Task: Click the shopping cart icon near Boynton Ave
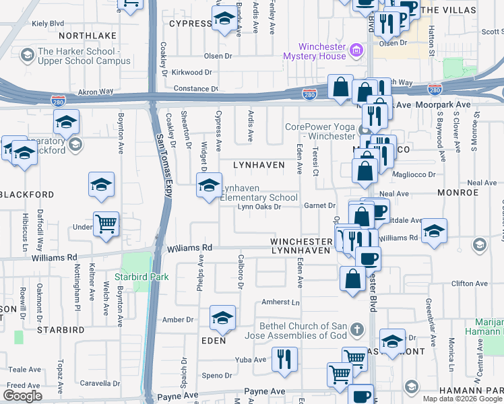(106, 224)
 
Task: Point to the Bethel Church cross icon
(356, 330)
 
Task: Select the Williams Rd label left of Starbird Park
(54, 257)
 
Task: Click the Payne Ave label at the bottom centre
(268, 391)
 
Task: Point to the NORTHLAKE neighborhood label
(87, 35)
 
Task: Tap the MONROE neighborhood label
(458, 192)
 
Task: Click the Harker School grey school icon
(28, 54)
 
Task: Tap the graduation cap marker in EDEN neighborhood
(222, 320)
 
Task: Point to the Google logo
(22, 396)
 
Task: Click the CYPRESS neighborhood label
(190, 23)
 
